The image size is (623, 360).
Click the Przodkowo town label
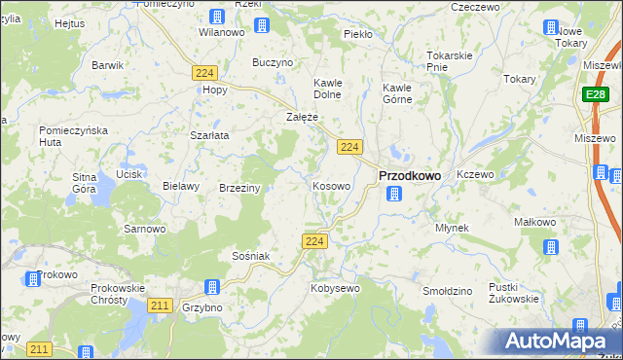point(409,175)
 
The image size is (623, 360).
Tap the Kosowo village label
point(332,185)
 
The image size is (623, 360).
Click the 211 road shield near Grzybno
point(161,306)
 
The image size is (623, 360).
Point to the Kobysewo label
point(335,289)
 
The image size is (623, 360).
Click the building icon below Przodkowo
point(393,194)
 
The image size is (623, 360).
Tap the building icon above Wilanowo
point(216,17)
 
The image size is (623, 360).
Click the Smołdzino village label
point(448,291)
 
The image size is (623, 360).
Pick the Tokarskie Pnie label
point(450,60)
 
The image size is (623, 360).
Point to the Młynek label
point(453,228)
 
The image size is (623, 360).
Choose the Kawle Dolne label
point(329,89)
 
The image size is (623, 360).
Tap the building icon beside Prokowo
point(32,279)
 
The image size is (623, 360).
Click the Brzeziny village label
point(239,188)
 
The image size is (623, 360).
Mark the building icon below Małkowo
point(551,245)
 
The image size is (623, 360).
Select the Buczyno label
point(273,62)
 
